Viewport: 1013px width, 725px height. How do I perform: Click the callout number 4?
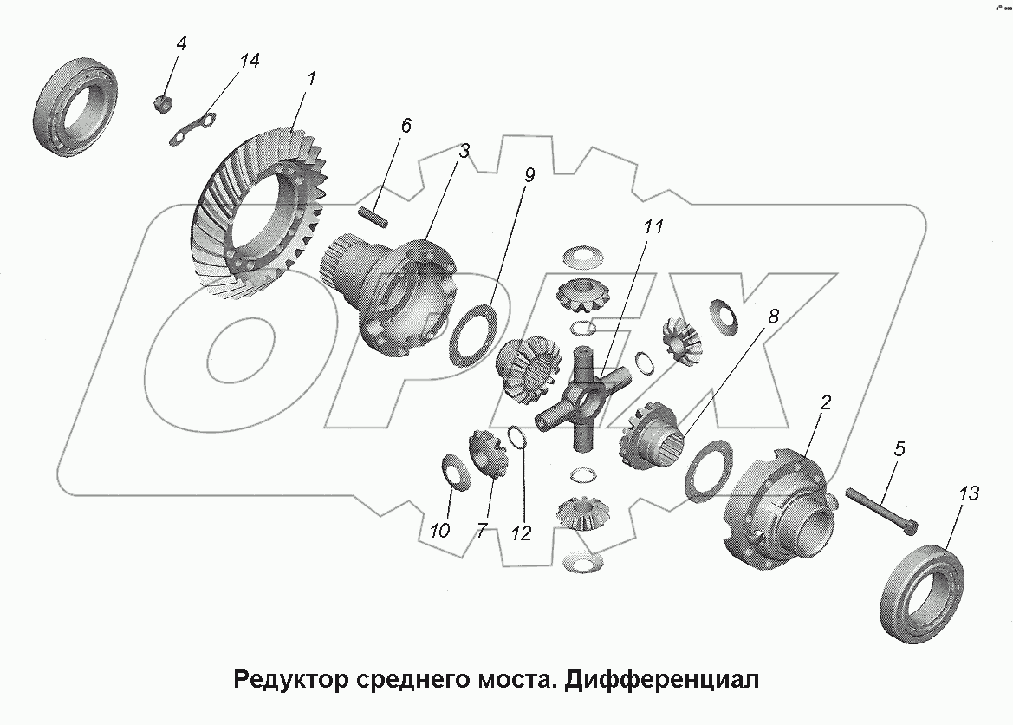pyautogui.click(x=180, y=42)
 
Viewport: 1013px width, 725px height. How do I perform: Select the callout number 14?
pyautogui.click(x=249, y=61)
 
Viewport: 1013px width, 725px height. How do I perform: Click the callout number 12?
pyautogui.click(x=521, y=533)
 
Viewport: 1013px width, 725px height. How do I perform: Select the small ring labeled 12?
pyautogui.click(x=515, y=438)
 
